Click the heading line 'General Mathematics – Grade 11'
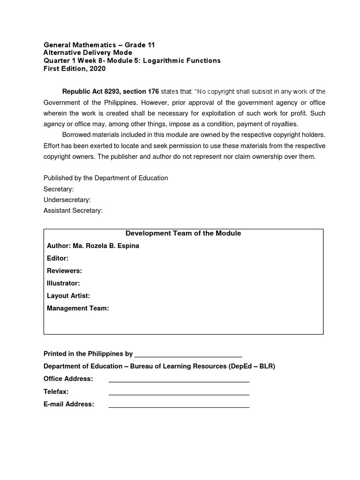99,45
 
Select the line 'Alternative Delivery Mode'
88,53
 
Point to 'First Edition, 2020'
75,69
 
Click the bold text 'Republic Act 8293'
90,91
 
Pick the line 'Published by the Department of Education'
105,178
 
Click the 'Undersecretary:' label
67,200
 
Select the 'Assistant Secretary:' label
73,211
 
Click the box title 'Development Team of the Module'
183,233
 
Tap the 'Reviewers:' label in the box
65,271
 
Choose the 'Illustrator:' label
63,284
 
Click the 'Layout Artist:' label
68,296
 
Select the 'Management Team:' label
78,308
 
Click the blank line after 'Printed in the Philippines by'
188,355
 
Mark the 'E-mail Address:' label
69,404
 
